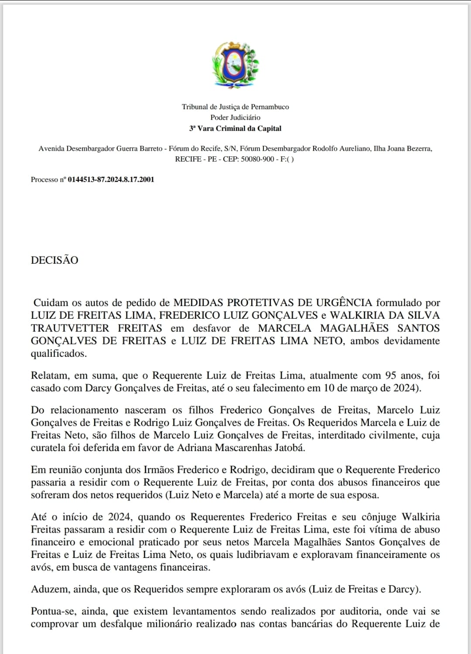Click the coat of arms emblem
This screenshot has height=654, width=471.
(x=235, y=64)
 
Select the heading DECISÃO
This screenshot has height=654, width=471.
(x=55, y=260)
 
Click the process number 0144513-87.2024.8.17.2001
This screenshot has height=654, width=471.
(x=111, y=179)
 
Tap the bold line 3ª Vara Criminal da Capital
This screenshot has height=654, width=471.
(x=235, y=128)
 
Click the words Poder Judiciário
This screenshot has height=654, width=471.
(x=235, y=117)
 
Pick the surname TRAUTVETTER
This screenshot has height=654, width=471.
(x=70, y=328)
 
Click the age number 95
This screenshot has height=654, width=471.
(x=391, y=375)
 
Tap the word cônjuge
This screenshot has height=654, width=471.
(x=375, y=517)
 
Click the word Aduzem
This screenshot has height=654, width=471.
(x=48, y=589)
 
